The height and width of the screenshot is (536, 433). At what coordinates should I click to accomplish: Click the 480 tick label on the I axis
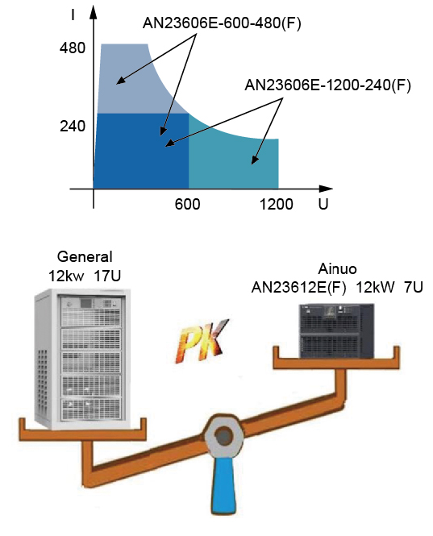73,48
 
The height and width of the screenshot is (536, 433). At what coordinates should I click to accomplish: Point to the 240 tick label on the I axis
73,127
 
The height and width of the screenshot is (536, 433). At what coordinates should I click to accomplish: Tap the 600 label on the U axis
187,205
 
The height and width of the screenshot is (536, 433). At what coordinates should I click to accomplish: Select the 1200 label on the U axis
277,205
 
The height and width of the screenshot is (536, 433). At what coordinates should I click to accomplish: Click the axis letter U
323,204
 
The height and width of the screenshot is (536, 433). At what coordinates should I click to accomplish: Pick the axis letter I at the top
73,15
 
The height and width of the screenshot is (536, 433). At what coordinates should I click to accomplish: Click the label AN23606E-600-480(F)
222,23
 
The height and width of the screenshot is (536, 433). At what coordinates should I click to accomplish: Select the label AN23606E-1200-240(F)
327,85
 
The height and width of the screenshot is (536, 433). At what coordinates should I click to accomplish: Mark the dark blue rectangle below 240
141,151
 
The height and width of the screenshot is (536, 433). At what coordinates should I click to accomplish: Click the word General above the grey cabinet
85,257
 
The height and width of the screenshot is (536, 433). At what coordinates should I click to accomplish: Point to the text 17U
107,276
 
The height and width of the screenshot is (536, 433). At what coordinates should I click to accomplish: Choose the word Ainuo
337,269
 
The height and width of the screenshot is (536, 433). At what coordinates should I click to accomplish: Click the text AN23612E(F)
298,288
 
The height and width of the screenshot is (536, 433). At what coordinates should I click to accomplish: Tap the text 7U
414,288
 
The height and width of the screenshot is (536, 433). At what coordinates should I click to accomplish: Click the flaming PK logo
202,341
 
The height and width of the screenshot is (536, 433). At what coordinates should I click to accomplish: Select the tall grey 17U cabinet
83,359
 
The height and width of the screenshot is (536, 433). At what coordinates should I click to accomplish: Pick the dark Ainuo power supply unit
337,331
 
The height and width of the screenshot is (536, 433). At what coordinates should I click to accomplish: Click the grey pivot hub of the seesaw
223,437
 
